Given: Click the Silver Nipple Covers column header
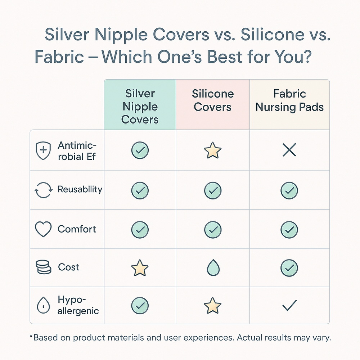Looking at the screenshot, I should (140, 107).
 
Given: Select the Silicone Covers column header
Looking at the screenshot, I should (213, 100).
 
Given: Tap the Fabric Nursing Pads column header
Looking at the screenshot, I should (289, 100).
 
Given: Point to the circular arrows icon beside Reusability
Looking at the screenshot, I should (43, 190).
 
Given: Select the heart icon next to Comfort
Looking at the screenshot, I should (43, 229).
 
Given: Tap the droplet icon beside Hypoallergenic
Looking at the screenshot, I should (43, 306).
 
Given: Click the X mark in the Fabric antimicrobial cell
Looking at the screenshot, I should (289, 150).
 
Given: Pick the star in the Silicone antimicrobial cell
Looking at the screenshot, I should (213, 150).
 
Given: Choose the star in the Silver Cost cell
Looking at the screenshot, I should (140, 268).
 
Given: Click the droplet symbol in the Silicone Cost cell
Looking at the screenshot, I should (213, 268).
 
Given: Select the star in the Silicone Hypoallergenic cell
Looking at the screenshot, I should (213, 306).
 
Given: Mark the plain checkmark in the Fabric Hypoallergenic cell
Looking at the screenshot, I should (289, 306).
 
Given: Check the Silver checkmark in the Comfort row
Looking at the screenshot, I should (140, 229).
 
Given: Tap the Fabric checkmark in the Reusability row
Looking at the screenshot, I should (289, 190).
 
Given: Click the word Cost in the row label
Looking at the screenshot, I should (68, 267).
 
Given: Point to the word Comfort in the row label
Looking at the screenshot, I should (77, 229).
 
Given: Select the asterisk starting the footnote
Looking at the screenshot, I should (31, 337).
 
